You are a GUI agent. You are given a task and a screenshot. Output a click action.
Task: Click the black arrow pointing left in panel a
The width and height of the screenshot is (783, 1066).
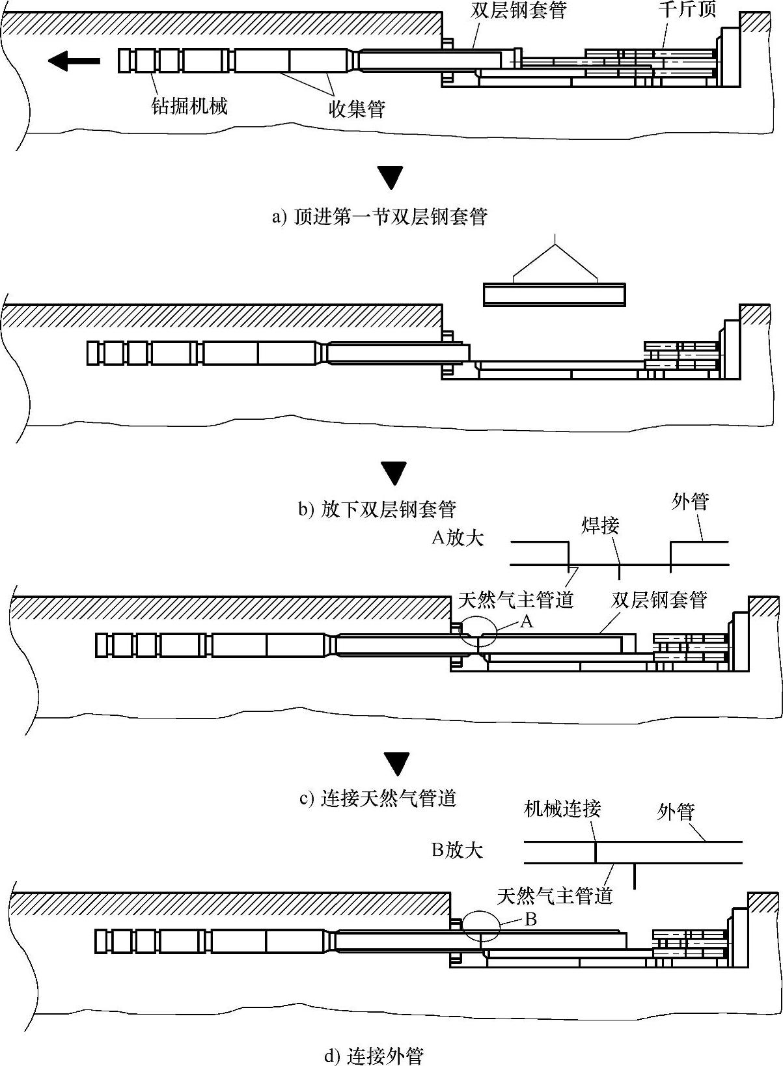74,61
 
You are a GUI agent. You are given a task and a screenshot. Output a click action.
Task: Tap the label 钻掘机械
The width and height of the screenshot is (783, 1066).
189,105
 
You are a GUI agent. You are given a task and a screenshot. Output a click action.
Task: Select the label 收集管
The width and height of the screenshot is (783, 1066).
357,109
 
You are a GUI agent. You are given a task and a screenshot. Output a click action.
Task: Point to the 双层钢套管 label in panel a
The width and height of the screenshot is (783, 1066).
518,10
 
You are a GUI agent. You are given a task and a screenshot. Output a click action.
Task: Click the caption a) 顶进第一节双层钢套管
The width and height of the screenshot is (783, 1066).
380,217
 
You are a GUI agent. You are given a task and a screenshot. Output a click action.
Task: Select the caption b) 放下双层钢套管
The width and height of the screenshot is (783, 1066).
377,510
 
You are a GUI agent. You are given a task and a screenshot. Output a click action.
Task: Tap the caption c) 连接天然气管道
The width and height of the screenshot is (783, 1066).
378,798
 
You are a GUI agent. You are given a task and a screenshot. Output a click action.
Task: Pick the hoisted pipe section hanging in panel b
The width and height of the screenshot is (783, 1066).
555,295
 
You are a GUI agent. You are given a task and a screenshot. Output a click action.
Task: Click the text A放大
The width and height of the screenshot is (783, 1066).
458,538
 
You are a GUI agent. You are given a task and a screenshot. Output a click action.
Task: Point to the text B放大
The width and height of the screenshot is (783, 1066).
457,850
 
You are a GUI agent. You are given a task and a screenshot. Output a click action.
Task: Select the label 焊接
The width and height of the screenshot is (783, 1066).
600,526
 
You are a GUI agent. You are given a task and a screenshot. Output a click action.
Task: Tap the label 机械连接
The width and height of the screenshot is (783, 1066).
562,808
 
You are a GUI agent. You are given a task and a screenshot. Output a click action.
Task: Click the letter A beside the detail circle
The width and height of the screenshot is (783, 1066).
527,621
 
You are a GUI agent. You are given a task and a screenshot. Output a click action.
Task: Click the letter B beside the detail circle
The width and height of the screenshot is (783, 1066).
530,920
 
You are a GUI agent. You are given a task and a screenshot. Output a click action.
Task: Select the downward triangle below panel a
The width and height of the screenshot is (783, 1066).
391,178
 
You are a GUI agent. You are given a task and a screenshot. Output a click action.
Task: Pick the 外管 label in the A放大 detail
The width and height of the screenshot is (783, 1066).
690,502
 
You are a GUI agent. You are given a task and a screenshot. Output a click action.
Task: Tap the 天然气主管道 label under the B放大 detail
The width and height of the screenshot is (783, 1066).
555,895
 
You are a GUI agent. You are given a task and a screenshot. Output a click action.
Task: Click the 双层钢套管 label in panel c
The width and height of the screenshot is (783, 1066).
659,599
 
